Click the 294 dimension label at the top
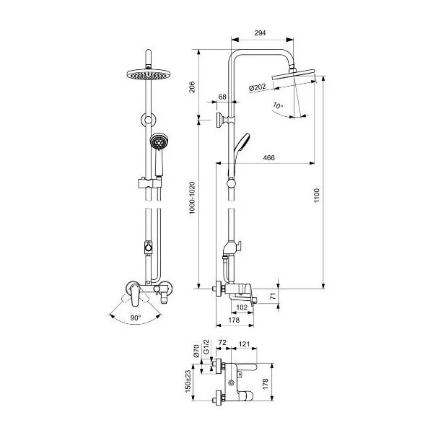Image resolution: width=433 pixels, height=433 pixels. (260, 33)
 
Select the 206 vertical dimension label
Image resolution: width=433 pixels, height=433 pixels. (192, 87)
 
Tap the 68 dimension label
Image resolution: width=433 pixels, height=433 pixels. (222, 97)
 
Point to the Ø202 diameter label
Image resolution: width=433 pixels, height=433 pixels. (257, 87)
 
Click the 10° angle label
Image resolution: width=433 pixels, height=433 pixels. (278, 105)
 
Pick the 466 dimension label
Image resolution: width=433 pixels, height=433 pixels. (268, 157)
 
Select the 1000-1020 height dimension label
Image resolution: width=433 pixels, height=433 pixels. (192, 197)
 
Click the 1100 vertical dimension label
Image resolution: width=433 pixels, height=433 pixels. (317, 196)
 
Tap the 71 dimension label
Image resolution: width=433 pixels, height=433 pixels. (273, 297)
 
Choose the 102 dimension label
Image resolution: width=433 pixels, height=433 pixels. (242, 307)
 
